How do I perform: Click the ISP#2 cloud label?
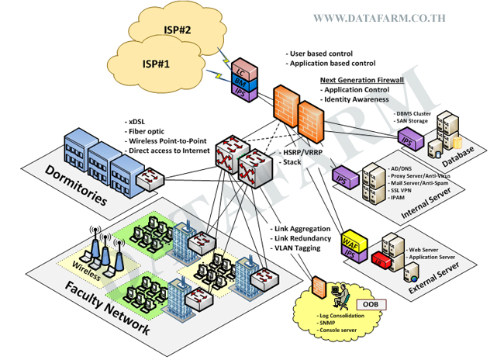click(x=178, y=31)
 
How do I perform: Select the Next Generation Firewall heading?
click(x=363, y=81)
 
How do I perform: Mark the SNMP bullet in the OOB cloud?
click(x=330, y=325)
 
